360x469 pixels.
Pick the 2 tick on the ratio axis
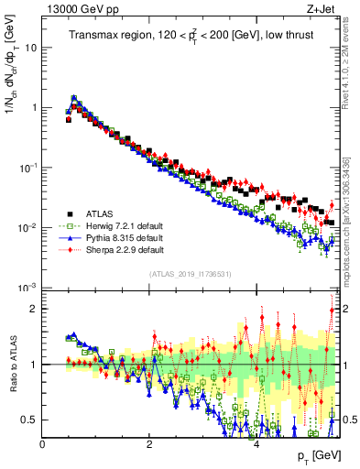[34, 309]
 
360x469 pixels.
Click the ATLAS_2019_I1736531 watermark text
[191, 275]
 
